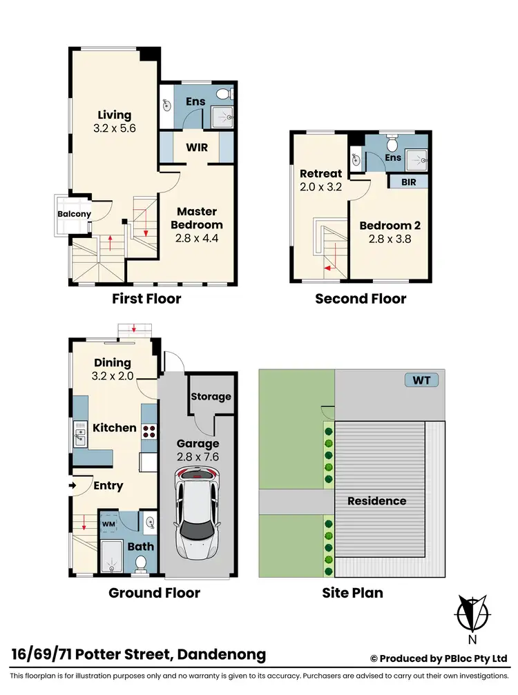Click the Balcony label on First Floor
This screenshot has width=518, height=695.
[x=74, y=214]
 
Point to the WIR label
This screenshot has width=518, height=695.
[x=197, y=147]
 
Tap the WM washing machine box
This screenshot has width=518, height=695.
[x=108, y=525]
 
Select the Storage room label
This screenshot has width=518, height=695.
[x=211, y=396]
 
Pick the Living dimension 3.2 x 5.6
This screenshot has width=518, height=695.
[x=114, y=129]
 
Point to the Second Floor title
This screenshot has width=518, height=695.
[x=361, y=299]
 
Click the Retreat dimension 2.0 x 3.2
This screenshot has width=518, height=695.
[x=321, y=188]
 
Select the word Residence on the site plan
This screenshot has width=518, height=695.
[x=376, y=500]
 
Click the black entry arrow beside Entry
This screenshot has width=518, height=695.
[x=73, y=486]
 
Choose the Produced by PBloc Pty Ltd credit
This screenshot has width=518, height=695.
[x=439, y=658]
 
